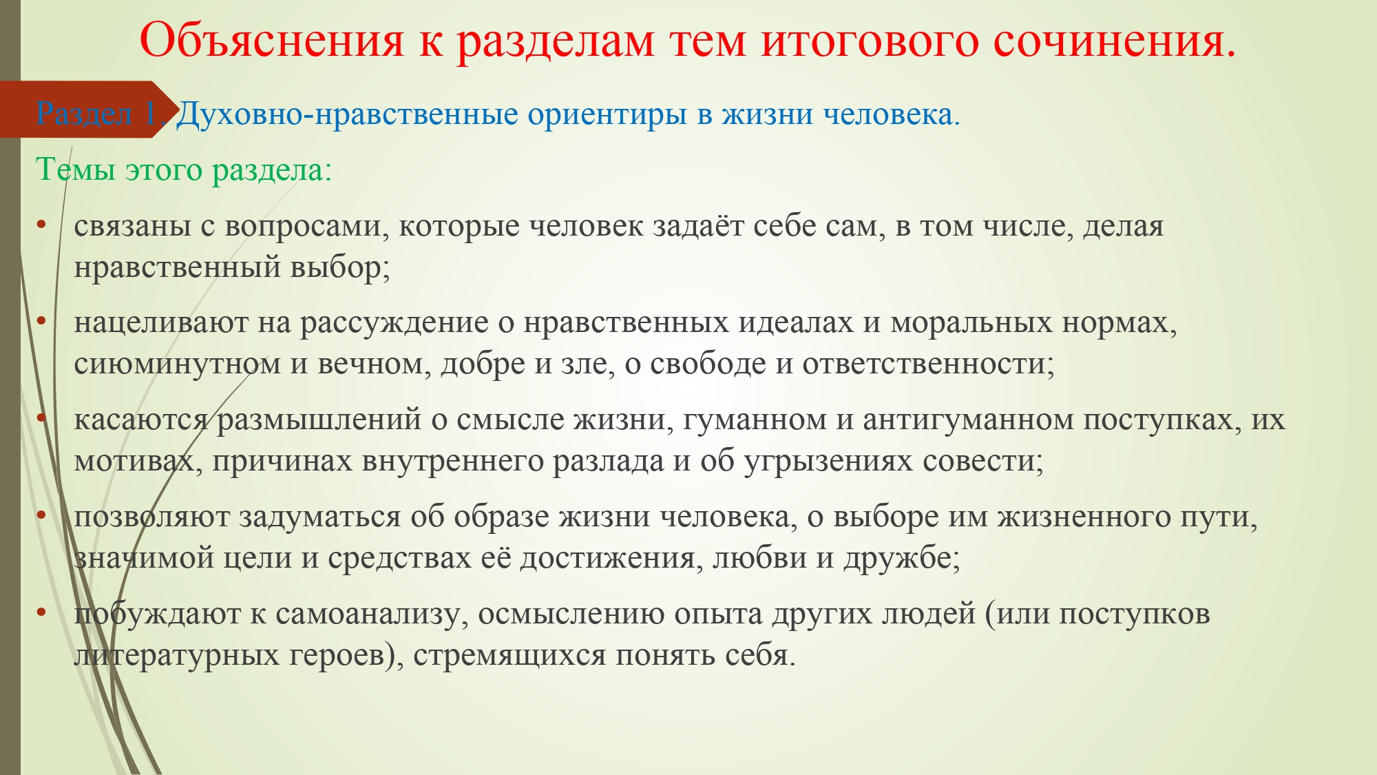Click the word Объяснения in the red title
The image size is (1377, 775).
coord(272,40)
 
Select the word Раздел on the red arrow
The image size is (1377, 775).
coord(84,114)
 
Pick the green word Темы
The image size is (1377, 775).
coord(76,169)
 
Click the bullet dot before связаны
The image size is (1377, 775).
coord(41,224)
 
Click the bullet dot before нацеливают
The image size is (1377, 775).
coord(41,320)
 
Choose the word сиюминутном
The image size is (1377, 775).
coord(178,364)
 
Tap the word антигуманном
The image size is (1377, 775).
coord(968,420)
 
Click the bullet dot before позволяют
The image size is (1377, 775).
coord(41,514)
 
